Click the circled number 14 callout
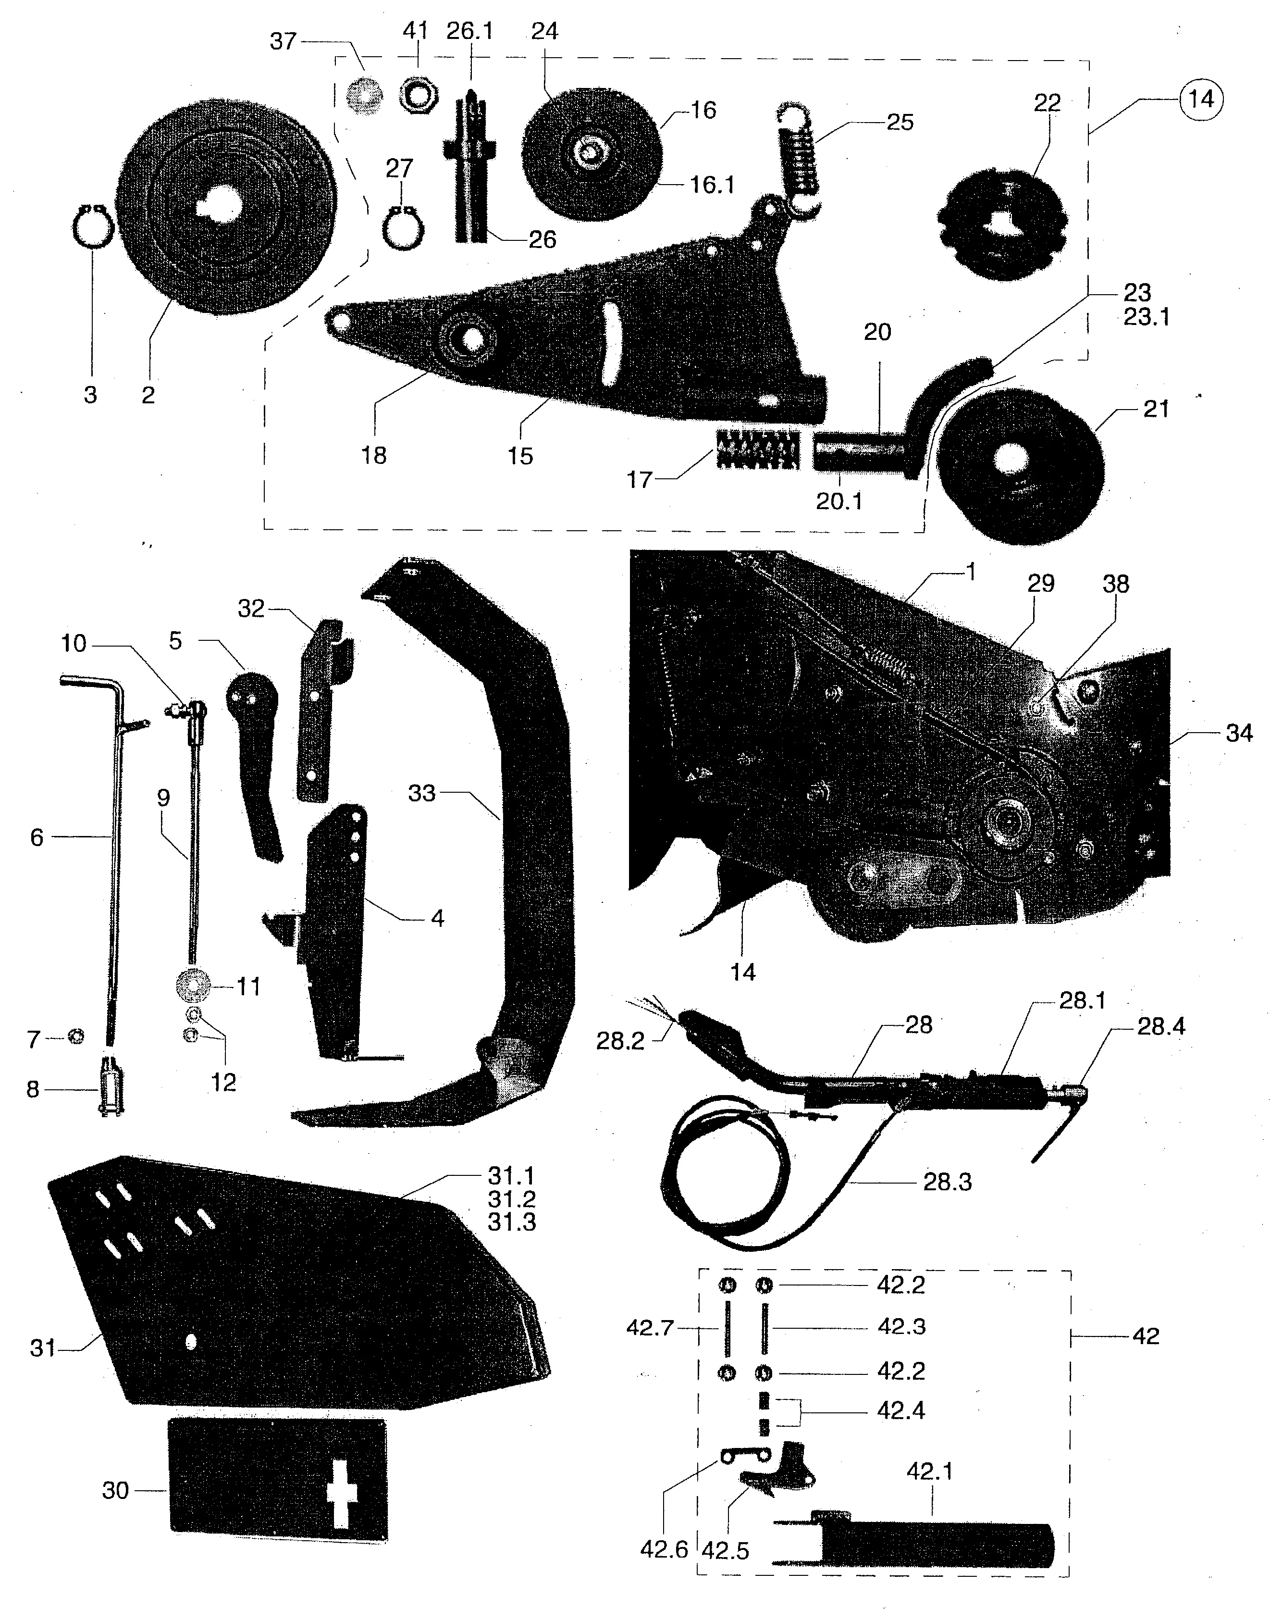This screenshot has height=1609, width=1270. [x=1201, y=99]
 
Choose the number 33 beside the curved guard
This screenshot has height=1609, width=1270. [x=421, y=793]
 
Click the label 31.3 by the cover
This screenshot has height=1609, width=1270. [x=512, y=1222]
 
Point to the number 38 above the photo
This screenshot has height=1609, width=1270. [x=1115, y=584]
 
